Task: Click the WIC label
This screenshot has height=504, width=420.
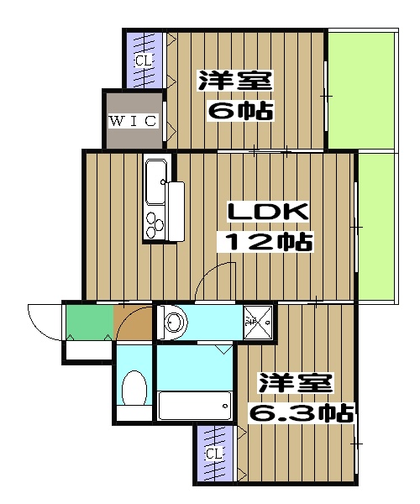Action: (133, 120)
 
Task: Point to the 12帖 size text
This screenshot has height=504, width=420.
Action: (266, 243)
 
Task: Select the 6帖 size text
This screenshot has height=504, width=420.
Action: (240, 110)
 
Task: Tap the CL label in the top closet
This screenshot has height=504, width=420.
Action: (144, 60)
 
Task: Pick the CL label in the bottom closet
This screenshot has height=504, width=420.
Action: (215, 454)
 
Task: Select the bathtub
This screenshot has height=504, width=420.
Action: (194, 407)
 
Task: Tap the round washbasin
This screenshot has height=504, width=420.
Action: (175, 323)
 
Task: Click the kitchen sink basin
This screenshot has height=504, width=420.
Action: (156, 182)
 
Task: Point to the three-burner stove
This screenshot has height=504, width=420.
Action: (156, 223)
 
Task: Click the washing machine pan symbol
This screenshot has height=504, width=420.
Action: (259, 323)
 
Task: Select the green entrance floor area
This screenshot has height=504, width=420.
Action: (88, 321)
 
